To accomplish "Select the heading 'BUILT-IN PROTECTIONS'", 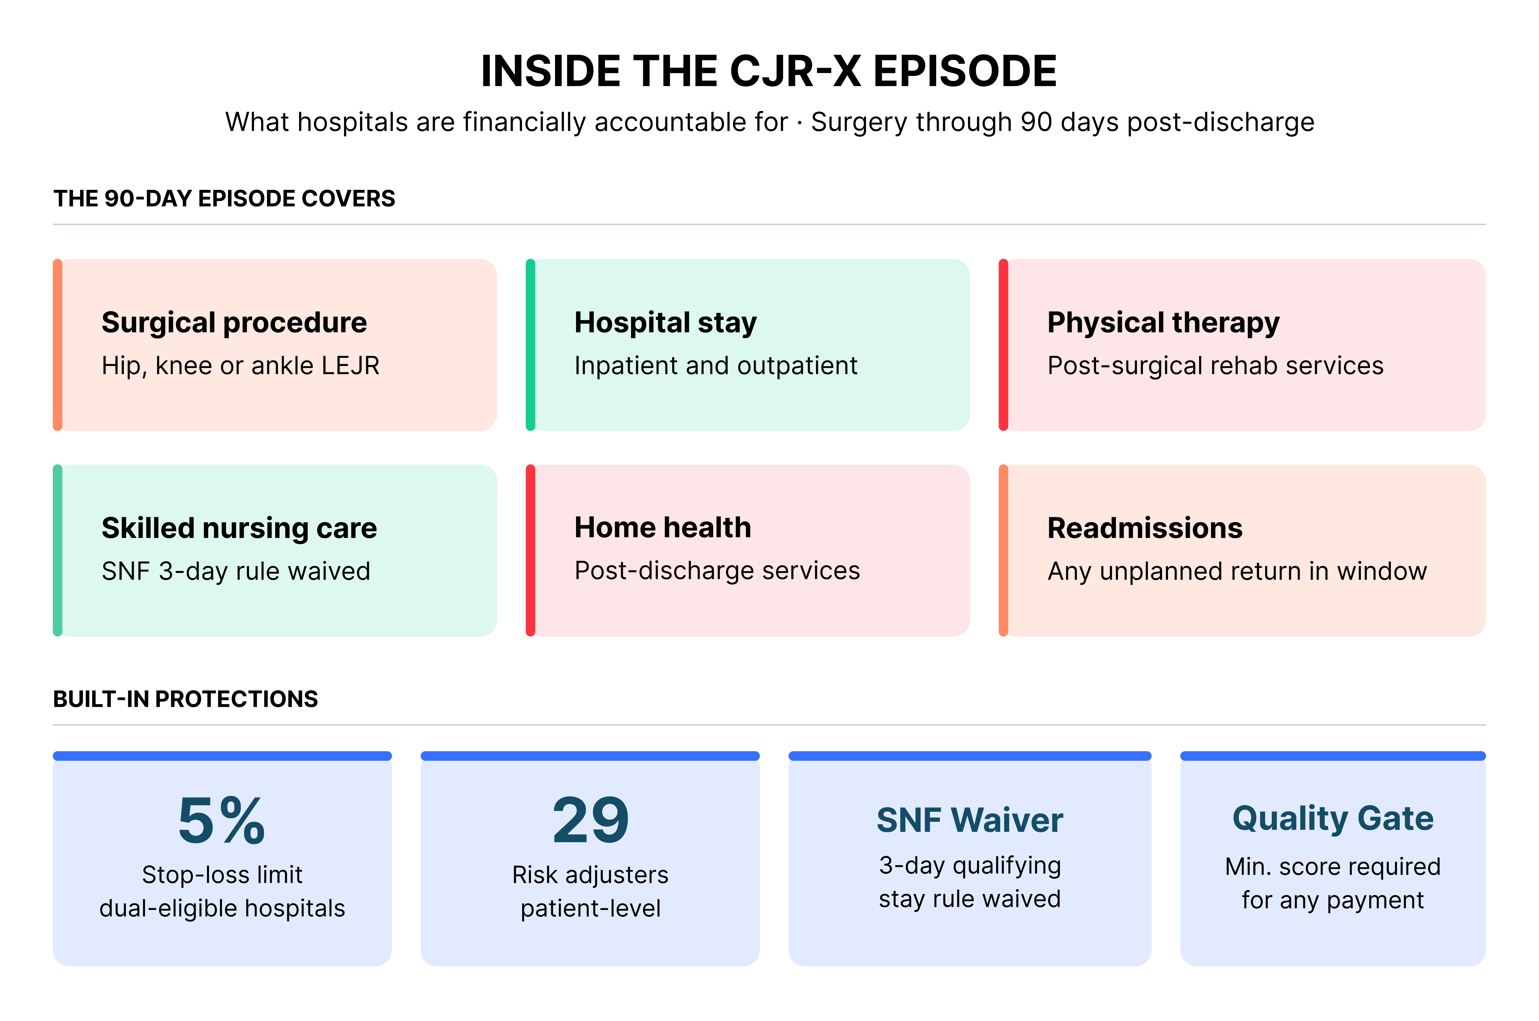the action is pyautogui.click(x=186, y=699).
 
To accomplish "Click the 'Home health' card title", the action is pyautogui.click(x=662, y=527).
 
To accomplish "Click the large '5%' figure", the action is pyautogui.click(x=222, y=820).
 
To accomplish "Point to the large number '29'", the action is pyautogui.click(x=590, y=820).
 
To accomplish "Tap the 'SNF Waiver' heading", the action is pyautogui.click(x=970, y=820).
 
